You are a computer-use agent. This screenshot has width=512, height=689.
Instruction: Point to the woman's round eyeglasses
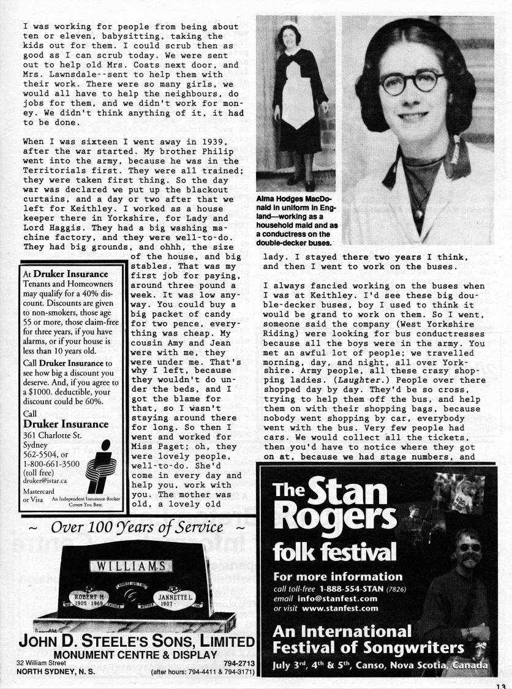pyautogui.click(x=411, y=81)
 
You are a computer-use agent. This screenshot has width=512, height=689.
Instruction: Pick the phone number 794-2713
pyautogui.click(x=239, y=663)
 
